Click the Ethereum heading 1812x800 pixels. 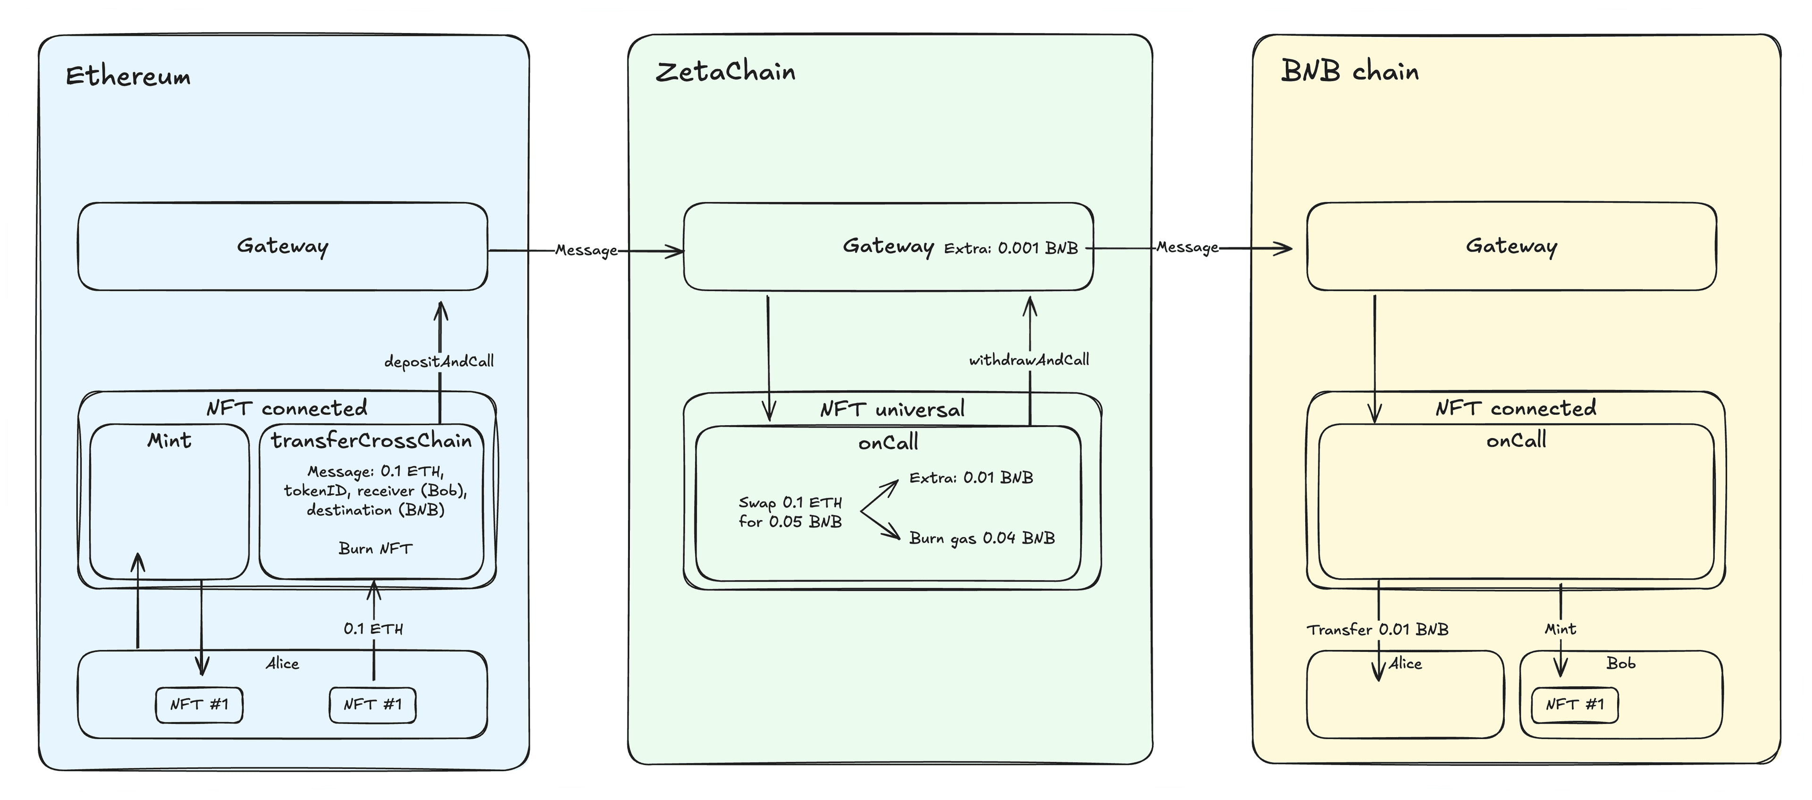pos(128,76)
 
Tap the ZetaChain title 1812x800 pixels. pos(725,72)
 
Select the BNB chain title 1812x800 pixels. pos(1349,72)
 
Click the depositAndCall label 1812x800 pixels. pos(439,362)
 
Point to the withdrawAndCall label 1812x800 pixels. pos(1028,360)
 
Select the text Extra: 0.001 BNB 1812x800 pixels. pos(1011,248)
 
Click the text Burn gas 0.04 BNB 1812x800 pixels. pos(982,538)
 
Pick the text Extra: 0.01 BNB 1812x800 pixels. pos(971,478)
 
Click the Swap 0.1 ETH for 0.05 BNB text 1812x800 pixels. pos(790,512)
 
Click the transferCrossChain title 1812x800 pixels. pos(371,440)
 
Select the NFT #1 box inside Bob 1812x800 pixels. pos(1574,704)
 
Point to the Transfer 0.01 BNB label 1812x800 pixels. pos(1377,630)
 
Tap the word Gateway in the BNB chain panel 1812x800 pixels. pos(1511,246)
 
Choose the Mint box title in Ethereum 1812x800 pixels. pos(169,440)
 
